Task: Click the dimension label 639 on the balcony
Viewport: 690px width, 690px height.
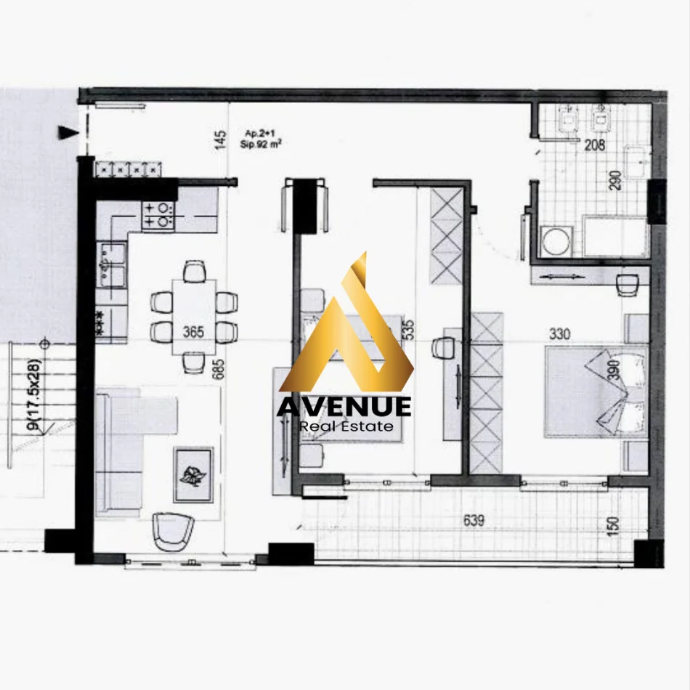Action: click(474, 520)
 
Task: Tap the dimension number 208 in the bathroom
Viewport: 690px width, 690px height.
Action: click(595, 145)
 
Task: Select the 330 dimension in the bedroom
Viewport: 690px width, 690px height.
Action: click(560, 334)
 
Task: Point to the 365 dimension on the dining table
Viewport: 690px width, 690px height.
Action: click(193, 333)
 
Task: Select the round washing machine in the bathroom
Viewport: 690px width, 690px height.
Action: click(556, 242)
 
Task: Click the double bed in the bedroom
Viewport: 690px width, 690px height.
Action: click(596, 390)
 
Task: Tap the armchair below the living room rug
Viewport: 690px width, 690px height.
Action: click(174, 532)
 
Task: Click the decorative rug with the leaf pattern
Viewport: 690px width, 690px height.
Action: click(193, 474)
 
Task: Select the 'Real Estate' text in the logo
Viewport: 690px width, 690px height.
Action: click(346, 426)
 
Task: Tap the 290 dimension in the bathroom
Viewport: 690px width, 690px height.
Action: click(616, 181)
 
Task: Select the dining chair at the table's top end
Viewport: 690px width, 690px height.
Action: click(194, 272)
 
